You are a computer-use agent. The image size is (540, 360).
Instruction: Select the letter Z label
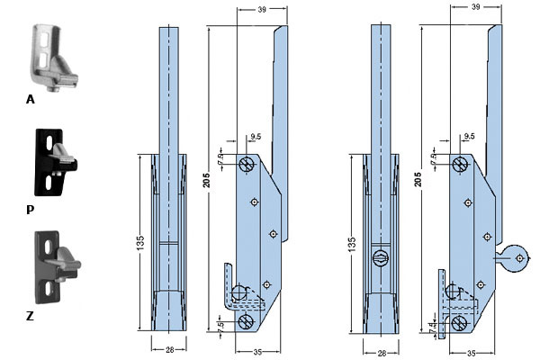(31, 317)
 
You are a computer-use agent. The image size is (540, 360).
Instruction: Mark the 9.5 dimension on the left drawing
(256, 137)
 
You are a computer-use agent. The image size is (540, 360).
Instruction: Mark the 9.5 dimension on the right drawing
(468, 137)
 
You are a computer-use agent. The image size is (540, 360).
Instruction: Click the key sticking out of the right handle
(512, 259)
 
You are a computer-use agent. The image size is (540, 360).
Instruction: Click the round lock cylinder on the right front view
(380, 259)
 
